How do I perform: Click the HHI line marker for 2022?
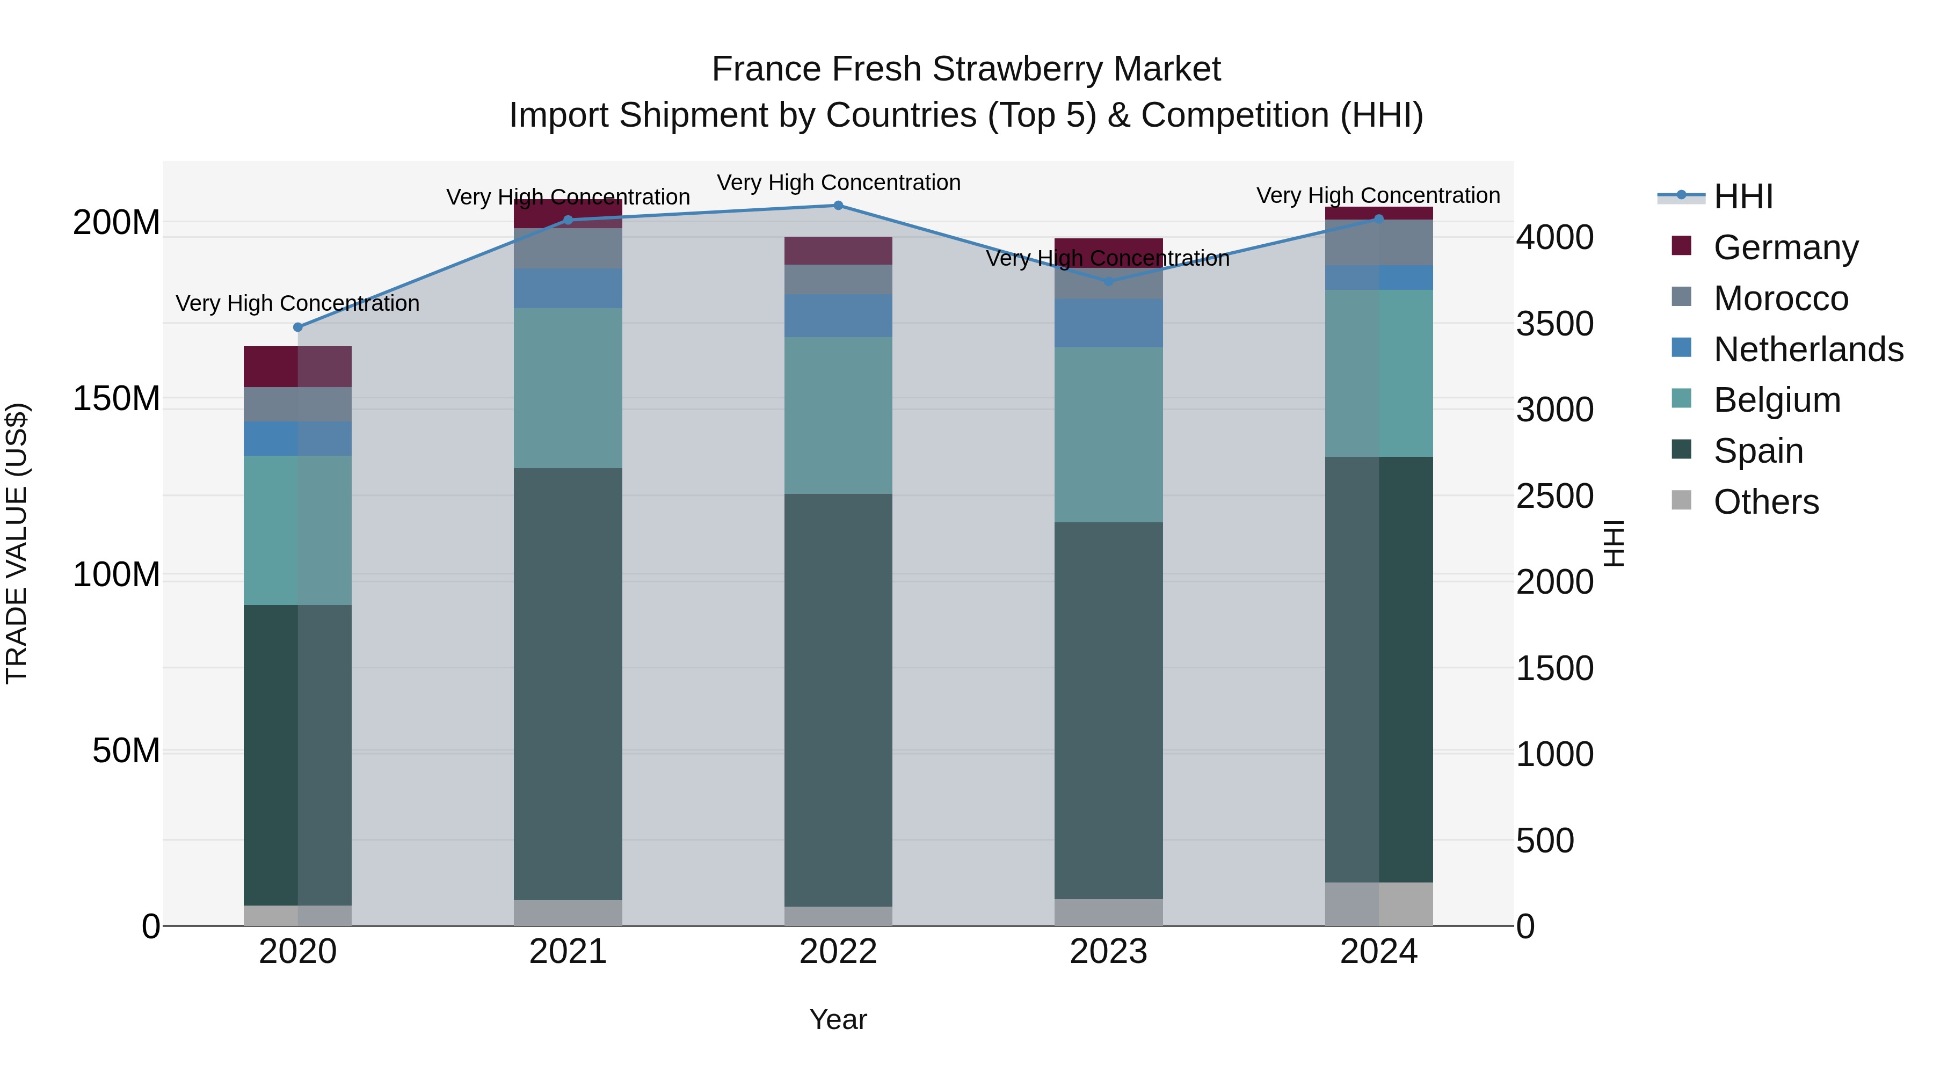(838, 206)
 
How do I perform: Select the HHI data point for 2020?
(298, 327)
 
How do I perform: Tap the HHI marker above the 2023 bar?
(1108, 281)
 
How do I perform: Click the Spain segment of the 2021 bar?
(568, 683)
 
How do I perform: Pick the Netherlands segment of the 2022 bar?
(838, 316)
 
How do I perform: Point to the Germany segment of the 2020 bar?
(298, 366)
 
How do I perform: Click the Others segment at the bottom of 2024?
(1378, 904)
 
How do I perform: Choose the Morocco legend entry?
(1780, 298)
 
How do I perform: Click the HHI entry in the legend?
(1742, 196)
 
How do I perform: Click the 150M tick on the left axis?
(117, 398)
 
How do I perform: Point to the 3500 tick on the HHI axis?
(1554, 324)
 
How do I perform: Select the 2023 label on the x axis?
(1108, 952)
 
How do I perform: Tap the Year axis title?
(838, 1019)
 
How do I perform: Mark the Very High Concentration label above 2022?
(838, 183)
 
